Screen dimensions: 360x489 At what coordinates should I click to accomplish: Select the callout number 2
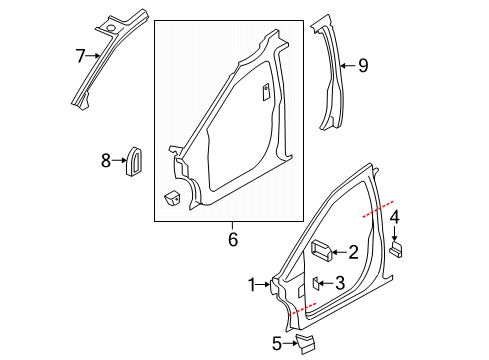coord(352,253)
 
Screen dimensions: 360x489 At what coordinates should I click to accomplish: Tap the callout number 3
coord(341,283)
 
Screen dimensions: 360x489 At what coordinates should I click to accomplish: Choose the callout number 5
coord(275,343)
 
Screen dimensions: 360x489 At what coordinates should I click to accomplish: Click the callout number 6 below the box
coord(233,240)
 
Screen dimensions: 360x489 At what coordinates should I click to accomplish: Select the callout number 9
coord(362,66)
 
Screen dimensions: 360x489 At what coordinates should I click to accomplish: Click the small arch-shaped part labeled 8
coord(132,161)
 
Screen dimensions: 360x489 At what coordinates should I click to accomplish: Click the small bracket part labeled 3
coord(315,283)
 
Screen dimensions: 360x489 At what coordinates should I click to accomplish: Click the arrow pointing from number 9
coord(347,66)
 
